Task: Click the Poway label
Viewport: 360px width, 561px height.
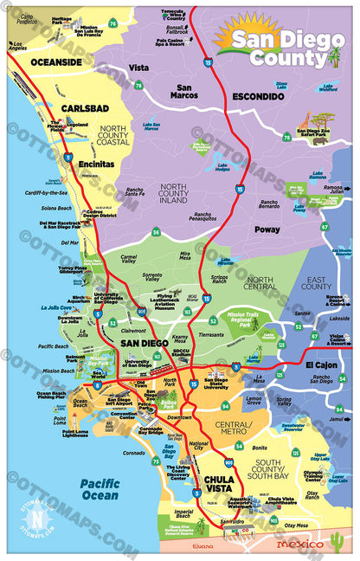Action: (267, 229)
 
